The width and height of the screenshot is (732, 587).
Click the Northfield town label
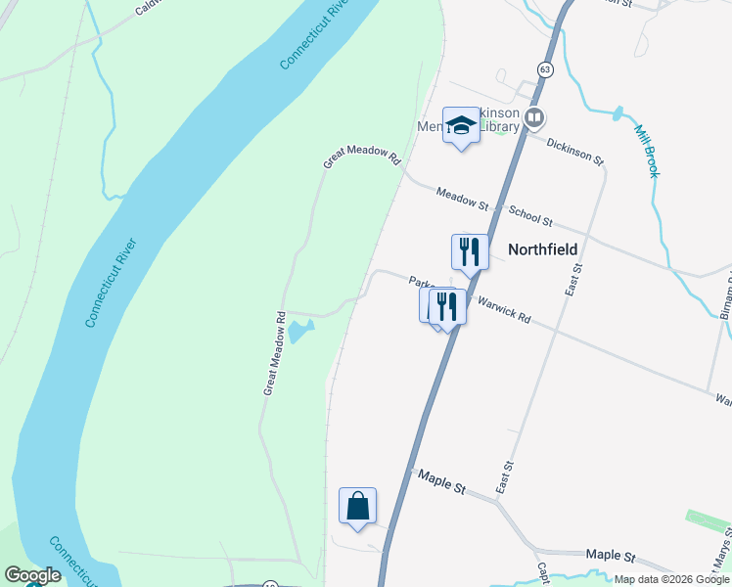[x=542, y=249]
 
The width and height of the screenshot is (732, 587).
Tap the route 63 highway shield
[x=545, y=68]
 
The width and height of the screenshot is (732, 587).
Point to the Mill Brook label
[x=647, y=151]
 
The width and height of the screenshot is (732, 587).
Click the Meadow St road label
[x=462, y=199]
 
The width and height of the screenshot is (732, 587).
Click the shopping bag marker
[x=358, y=507]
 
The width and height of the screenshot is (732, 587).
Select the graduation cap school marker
[x=461, y=126]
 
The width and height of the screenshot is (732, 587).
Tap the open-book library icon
[x=534, y=119]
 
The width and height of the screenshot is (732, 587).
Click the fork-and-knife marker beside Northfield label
[x=470, y=251]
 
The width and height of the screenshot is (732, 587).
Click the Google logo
[x=32, y=575]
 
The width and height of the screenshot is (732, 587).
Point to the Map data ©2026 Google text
[x=672, y=579]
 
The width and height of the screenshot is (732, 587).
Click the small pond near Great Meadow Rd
[x=297, y=334]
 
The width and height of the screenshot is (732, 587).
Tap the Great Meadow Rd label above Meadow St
[x=362, y=158]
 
